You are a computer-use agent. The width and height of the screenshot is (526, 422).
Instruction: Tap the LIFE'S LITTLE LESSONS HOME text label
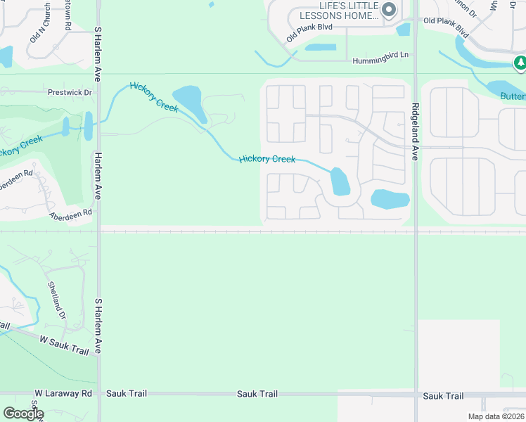point(338,11)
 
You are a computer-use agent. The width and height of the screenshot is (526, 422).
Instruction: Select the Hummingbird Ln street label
point(380,61)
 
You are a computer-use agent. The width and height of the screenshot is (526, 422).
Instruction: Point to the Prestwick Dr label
point(70,92)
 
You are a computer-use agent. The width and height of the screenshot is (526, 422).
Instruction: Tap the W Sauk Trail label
point(63,343)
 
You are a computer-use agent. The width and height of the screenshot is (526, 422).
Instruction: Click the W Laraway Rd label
point(64,394)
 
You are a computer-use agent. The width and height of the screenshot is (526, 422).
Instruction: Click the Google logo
point(23,414)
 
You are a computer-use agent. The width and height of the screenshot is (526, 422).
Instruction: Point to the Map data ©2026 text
point(495,416)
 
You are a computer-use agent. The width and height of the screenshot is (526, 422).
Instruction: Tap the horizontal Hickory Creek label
point(267,160)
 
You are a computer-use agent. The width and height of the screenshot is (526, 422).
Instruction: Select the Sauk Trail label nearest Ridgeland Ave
point(443,397)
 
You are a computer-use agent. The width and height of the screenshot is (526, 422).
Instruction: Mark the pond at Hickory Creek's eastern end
point(340,181)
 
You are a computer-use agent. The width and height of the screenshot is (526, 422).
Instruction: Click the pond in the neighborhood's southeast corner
point(390,199)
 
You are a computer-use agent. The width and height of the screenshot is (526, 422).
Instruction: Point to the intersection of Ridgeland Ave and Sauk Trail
point(416,395)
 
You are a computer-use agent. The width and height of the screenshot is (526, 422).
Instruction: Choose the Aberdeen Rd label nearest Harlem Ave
point(70,212)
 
